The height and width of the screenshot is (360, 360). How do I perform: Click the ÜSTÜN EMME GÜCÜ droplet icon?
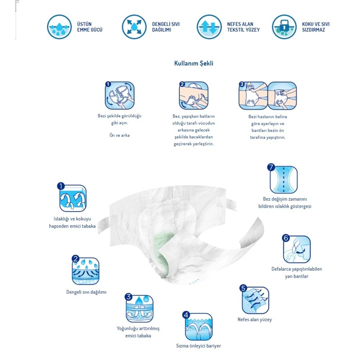(x=59, y=27)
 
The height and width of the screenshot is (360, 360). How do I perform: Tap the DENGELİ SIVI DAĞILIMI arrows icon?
(x=134, y=27)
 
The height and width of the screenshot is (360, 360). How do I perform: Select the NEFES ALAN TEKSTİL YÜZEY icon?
(x=209, y=27)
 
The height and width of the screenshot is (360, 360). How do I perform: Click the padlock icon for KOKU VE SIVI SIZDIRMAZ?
(x=284, y=27)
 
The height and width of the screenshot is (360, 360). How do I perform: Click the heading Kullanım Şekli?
(x=194, y=63)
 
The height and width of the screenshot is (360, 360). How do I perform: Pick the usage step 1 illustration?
(x=120, y=95)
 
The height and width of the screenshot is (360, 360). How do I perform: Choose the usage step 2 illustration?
(x=194, y=95)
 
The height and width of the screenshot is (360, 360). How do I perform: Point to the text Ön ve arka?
(x=120, y=135)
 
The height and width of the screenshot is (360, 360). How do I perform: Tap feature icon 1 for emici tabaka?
(x=73, y=198)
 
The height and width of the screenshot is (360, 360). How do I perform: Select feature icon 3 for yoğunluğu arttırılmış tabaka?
(x=139, y=309)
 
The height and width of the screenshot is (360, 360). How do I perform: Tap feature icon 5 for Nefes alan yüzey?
(x=255, y=300)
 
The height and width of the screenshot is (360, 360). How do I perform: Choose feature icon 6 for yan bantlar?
(x=296, y=249)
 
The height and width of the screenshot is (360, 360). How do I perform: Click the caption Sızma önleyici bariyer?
(x=198, y=346)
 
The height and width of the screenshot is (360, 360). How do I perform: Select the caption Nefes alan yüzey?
(x=255, y=320)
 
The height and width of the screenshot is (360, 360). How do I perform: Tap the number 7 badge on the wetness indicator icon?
(x=271, y=167)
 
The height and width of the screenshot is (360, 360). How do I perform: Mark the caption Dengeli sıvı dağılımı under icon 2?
(x=86, y=292)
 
